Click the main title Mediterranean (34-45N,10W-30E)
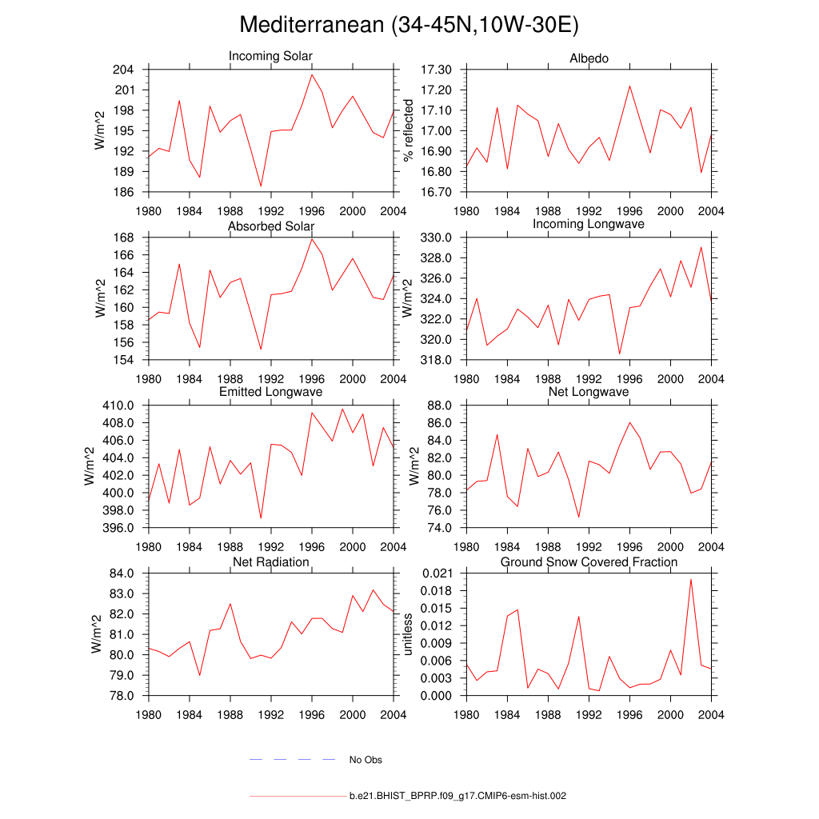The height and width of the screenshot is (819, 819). [409, 26]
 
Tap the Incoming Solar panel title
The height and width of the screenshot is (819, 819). [270, 56]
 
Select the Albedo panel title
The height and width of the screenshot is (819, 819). [589, 58]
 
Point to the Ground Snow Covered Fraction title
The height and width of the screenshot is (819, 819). [589, 562]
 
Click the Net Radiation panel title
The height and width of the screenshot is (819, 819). [270, 562]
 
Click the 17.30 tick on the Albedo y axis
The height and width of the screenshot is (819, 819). [436, 70]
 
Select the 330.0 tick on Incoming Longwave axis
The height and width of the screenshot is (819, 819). [436, 238]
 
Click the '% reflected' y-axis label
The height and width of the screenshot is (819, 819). [409, 130]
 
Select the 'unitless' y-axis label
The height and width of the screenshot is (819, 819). [409, 634]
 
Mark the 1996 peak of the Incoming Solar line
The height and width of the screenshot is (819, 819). [312, 74]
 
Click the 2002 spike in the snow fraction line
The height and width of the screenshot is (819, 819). [691, 579]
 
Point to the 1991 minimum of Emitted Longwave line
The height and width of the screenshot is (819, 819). [261, 518]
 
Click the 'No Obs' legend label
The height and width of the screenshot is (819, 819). [366, 760]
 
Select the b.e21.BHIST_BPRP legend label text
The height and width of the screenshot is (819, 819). [458, 797]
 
